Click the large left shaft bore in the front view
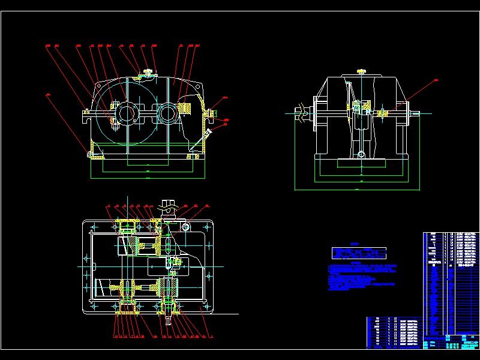tap(127, 112)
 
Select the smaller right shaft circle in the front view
tap(167, 112)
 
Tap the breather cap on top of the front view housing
tap(148, 74)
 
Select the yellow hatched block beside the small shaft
tap(185, 109)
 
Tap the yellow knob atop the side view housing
tap(361, 72)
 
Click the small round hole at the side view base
tap(361, 155)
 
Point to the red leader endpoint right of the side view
tap(436, 80)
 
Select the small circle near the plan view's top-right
tap(185, 227)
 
